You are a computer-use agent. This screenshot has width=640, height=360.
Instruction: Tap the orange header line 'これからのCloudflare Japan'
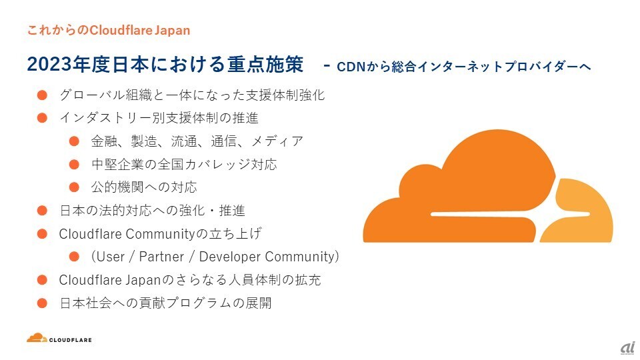[109, 30]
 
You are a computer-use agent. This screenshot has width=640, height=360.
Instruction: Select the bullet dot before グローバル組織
[42, 95]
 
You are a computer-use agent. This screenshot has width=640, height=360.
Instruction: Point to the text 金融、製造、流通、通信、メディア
[197, 141]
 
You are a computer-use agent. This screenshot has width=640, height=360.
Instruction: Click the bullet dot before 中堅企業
[75, 164]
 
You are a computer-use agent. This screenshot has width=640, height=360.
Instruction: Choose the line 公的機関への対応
[143, 187]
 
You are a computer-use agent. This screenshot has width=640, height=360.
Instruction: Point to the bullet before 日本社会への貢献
[42, 303]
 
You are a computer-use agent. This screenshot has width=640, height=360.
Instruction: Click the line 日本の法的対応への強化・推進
[152, 211]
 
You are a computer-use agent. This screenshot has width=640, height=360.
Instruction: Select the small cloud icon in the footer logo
[37, 338]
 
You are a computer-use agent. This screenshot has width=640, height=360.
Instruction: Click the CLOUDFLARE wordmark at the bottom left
[71, 340]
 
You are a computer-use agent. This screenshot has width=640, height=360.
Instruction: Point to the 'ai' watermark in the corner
[626, 348]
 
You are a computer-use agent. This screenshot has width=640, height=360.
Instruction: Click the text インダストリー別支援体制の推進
[159, 118]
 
